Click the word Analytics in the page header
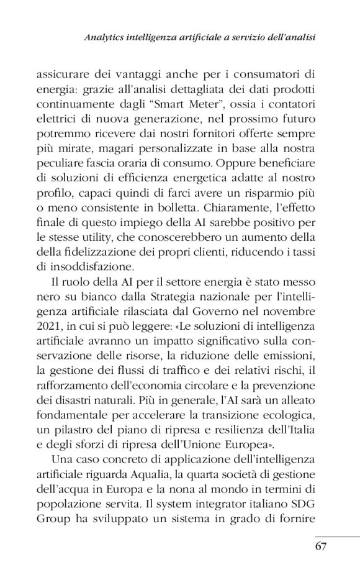105,38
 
